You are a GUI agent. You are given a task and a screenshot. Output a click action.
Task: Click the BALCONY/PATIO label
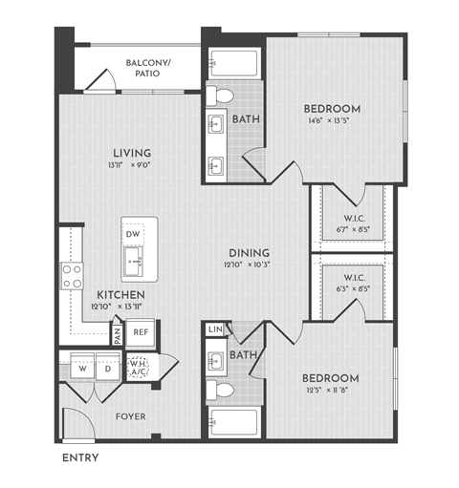click(148, 68)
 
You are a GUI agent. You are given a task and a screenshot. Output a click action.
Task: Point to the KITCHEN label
click(120, 294)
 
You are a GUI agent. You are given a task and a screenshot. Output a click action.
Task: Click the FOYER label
click(129, 416)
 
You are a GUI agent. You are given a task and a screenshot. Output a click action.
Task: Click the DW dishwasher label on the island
click(133, 233)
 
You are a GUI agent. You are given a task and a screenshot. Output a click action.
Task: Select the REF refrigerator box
click(141, 331)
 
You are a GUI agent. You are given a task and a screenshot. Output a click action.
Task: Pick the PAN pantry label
click(117, 334)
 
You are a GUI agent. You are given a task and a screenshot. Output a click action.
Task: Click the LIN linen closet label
click(215, 330)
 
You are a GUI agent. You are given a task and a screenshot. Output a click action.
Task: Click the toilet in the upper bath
click(223, 95)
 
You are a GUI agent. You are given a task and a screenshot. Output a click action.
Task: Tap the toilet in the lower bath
click(223, 390)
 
